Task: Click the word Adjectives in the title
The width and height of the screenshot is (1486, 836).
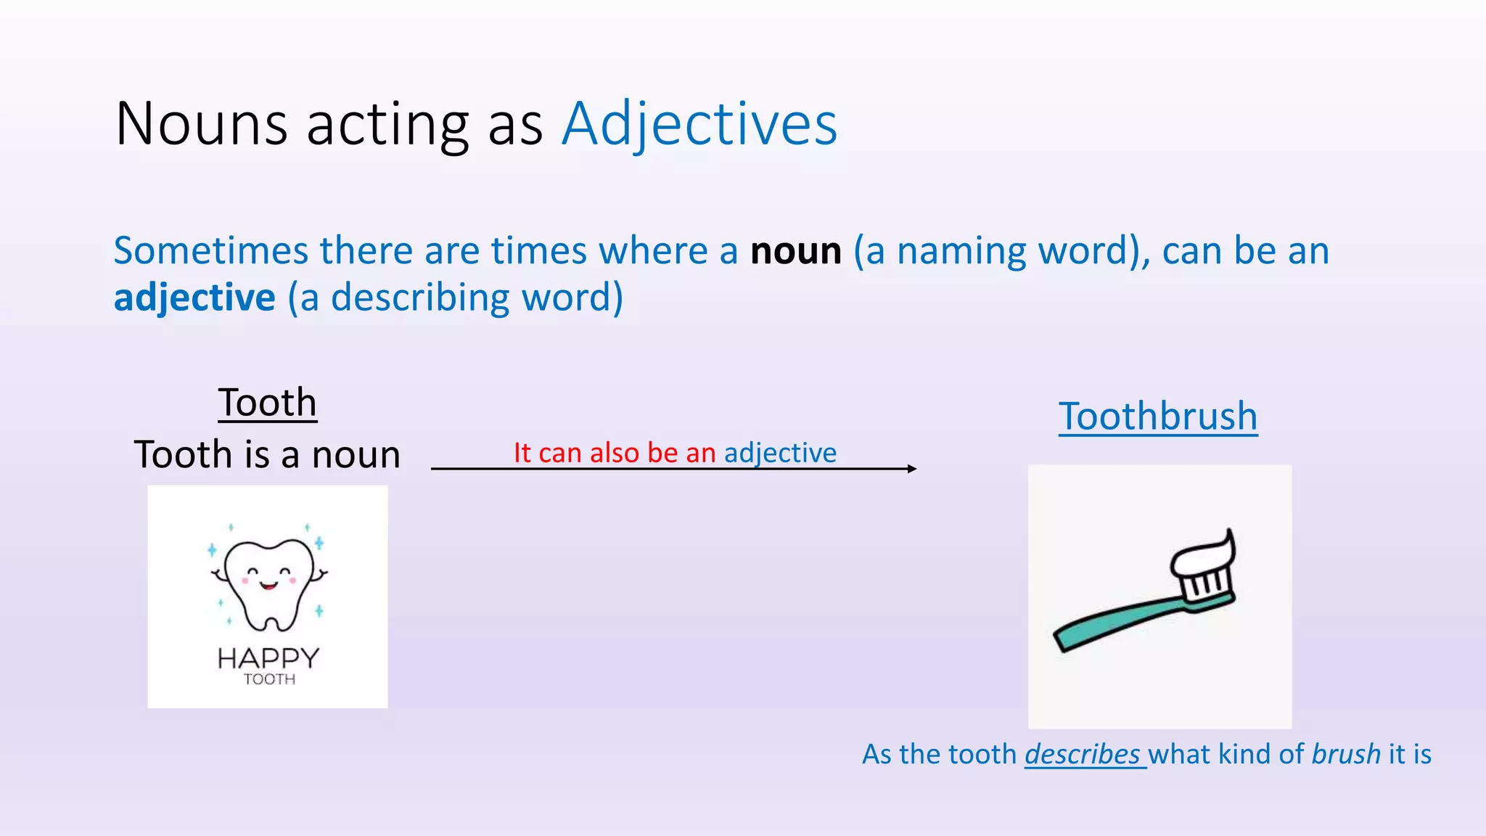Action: (x=699, y=125)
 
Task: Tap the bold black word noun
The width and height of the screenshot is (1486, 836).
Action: (x=796, y=251)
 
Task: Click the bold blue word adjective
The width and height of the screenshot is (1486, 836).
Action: (x=194, y=298)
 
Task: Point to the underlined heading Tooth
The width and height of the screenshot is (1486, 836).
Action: (x=268, y=403)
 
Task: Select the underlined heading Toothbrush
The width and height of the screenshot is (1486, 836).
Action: (x=1158, y=417)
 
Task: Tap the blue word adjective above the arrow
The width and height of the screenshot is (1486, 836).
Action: (x=780, y=453)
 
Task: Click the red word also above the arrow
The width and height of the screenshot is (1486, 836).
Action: (x=614, y=453)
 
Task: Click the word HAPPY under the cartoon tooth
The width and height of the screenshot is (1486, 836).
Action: (x=268, y=658)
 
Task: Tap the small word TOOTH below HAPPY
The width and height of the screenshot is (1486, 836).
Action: (x=269, y=679)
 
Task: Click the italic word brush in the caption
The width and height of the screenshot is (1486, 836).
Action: (x=1346, y=755)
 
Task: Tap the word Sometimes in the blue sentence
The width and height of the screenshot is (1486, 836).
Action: (x=211, y=251)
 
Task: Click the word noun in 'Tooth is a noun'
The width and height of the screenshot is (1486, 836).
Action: (x=356, y=455)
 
